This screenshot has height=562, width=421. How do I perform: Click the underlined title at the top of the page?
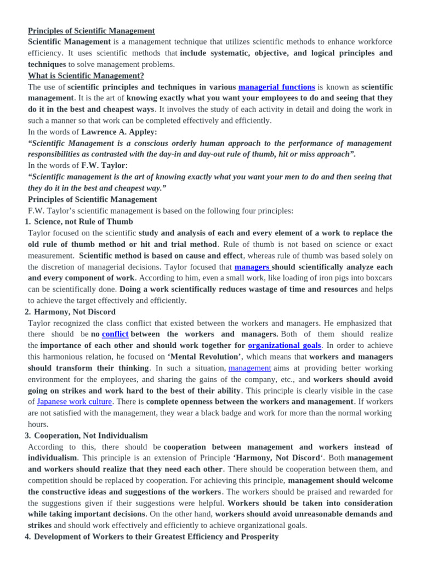pyautogui.click(x=92, y=31)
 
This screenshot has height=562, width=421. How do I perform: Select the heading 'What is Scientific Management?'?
pyautogui.click(x=86, y=76)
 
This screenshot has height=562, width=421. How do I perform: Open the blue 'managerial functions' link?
pyautogui.click(x=276, y=87)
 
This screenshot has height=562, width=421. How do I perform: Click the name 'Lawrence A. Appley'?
pyautogui.click(x=119, y=132)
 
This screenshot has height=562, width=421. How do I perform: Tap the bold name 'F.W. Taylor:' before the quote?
pyautogui.click(x=104, y=165)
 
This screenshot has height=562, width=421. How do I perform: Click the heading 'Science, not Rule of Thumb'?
pyautogui.click(x=83, y=222)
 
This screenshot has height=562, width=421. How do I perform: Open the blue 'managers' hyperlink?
pyautogui.click(x=252, y=267)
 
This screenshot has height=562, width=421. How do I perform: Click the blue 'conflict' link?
pyautogui.click(x=115, y=334)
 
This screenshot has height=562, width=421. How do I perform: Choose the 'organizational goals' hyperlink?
pyautogui.click(x=285, y=346)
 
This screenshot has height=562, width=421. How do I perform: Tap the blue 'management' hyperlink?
pyautogui.click(x=249, y=368)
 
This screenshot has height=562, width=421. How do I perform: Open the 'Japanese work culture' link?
pyautogui.click(x=75, y=402)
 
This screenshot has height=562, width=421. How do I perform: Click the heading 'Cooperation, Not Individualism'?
pyautogui.click(x=91, y=436)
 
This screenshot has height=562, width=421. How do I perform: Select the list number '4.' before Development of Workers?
pyautogui.click(x=27, y=537)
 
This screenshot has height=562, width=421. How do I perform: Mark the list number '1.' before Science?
pyautogui.click(x=27, y=222)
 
